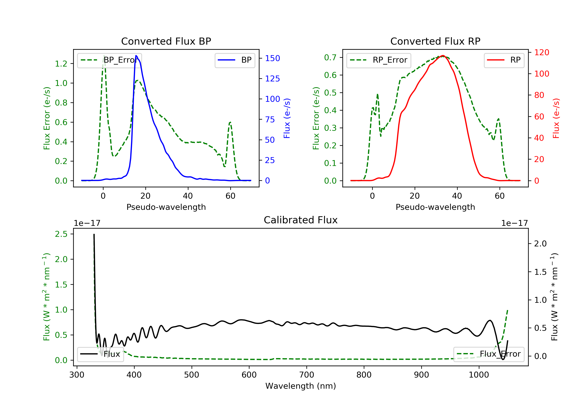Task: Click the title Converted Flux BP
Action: (x=166, y=41)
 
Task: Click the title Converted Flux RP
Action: (x=435, y=41)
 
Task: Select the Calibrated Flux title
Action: (x=301, y=220)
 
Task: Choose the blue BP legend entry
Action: (x=235, y=60)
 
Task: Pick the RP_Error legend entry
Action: (x=378, y=60)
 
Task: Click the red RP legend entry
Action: (x=504, y=60)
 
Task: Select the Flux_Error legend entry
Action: (x=488, y=354)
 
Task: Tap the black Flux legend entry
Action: (x=100, y=354)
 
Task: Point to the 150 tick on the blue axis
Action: (x=272, y=58)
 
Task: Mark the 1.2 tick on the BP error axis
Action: (x=61, y=63)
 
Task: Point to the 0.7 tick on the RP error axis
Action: (x=330, y=57)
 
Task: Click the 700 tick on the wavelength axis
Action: (x=307, y=375)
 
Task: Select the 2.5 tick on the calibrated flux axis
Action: (x=61, y=234)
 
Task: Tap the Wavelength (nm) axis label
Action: (x=301, y=386)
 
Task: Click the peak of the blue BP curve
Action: (x=136, y=56)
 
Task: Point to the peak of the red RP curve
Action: (x=443, y=56)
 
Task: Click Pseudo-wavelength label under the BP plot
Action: (x=166, y=207)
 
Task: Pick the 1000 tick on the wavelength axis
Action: (x=479, y=375)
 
